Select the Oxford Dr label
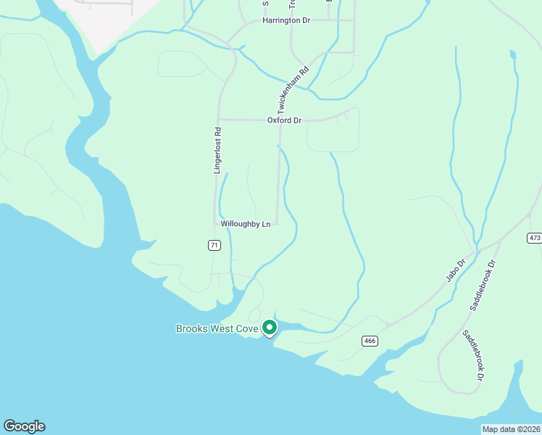(x=284, y=120)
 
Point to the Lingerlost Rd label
(x=217, y=150)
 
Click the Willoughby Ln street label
(x=246, y=225)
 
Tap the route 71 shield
(x=214, y=246)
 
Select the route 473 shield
(x=535, y=238)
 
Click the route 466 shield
(x=369, y=340)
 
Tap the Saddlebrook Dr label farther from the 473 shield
(x=474, y=355)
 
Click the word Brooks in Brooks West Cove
(x=196, y=328)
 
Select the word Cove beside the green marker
(x=246, y=328)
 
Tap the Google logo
(x=24, y=426)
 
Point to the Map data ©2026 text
(x=510, y=429)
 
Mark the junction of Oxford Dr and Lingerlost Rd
(x=218, y=120)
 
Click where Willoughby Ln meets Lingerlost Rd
(x=215, y=223)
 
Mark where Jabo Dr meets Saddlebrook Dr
(x=477, y=252)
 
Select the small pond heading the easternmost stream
(x=513, y=54)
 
